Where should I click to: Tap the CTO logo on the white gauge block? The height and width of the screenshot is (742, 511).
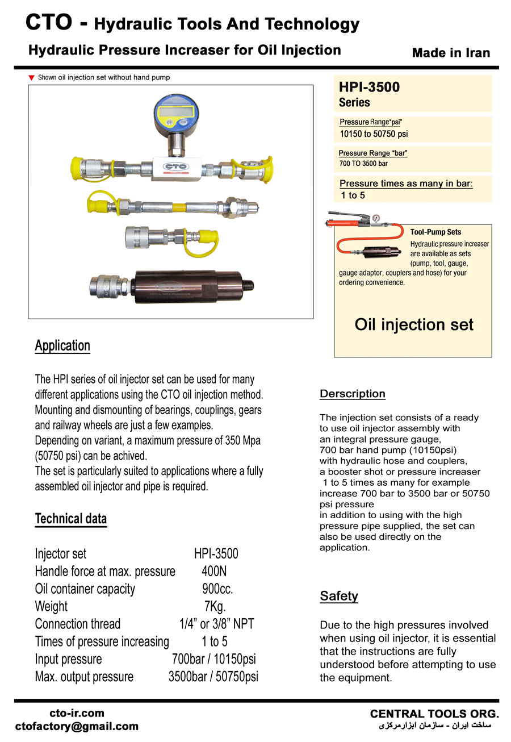[x=174, y=168]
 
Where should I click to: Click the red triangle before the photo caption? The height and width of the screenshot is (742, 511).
[x=32, y=77]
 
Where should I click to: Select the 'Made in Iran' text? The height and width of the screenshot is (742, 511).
[x=451, y=53]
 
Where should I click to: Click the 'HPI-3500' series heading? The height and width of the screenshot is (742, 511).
[x=369, y=87]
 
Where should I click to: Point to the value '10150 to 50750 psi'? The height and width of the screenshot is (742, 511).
[x=374, y=134]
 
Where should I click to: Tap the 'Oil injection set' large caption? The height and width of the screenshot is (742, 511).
[x=413, y=324]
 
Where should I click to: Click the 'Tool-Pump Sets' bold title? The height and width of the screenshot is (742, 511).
[x=435, y=232]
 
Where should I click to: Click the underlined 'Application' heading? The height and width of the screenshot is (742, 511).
[x=62, y=345]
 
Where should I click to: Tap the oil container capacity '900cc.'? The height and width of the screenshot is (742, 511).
[x=217, y=589]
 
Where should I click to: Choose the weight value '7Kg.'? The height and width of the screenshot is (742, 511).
[x=215, y=606]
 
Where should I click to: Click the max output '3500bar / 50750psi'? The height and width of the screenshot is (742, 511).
[x=213, y=677]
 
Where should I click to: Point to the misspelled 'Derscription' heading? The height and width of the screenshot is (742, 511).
[x=353, y=394]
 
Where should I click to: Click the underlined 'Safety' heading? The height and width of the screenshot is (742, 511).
[x=339, y=596]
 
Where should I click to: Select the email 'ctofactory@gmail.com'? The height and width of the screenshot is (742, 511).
[x=77, y=726]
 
